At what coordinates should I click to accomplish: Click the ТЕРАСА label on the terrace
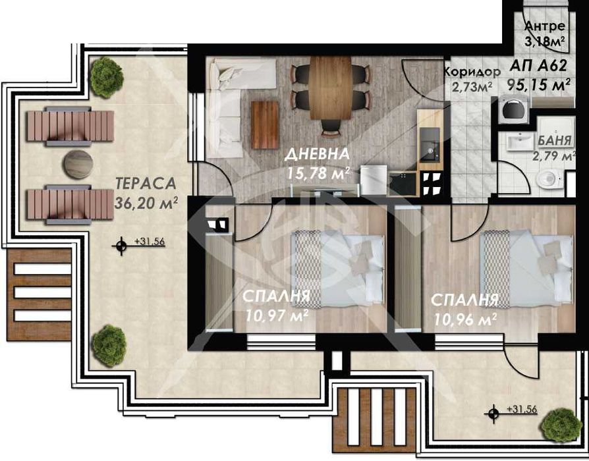(x=146, y=183)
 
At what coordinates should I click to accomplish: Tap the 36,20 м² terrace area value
(x=146, y=203)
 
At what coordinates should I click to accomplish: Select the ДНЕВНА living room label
(x=318, y=154)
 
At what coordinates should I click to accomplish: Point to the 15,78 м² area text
(x=318, y=173)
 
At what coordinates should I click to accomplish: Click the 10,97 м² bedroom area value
(x=277, y=315)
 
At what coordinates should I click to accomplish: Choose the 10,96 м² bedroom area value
(x=465, y=319)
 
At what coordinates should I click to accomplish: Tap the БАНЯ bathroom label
(x=555, y=140)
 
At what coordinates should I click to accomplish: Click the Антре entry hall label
(x=545, y=26)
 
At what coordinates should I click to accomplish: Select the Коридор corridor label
(x=472, y=72)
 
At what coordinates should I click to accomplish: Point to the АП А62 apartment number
(x=538, y=66)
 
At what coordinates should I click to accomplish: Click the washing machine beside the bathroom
(x=514, y=109)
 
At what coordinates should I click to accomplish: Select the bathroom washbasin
(x=520, y=142)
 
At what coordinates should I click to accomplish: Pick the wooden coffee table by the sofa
(x=265, y=124)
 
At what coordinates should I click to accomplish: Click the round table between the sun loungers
(x=78, y=164)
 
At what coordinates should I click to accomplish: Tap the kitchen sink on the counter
(x=430, y=144)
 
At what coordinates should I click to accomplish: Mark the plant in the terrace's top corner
(x=107, y=77)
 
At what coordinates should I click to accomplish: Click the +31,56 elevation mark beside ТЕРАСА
(x=139, y=244)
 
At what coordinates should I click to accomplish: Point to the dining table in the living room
(x=331, y=88)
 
